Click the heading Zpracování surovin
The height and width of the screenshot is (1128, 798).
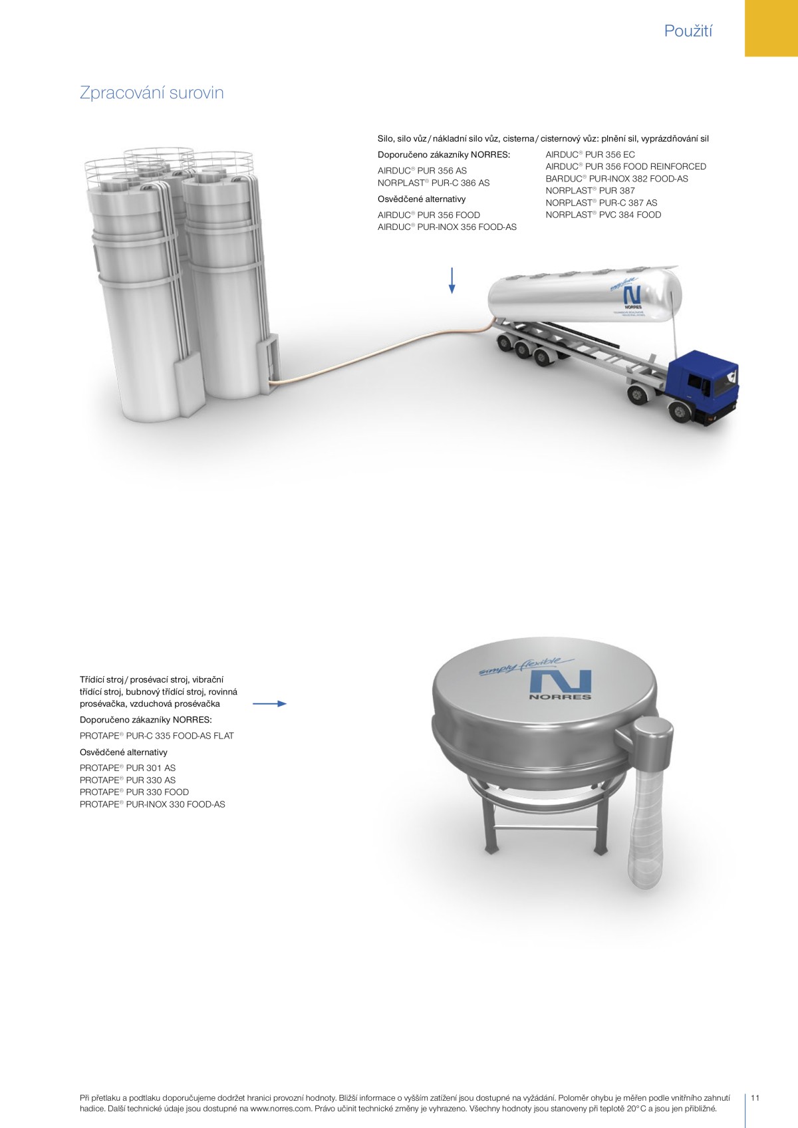[152, 93]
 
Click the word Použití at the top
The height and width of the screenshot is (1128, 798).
[688, 31]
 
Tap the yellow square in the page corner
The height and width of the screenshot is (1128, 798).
[771, 28]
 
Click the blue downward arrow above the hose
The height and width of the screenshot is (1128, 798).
[452, 281]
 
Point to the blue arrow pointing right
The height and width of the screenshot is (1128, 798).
[269, 703]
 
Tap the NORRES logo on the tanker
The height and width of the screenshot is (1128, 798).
[633, 298]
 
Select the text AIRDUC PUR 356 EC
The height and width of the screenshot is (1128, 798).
[590, 155]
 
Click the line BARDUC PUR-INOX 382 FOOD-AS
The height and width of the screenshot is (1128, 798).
[616, 179]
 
